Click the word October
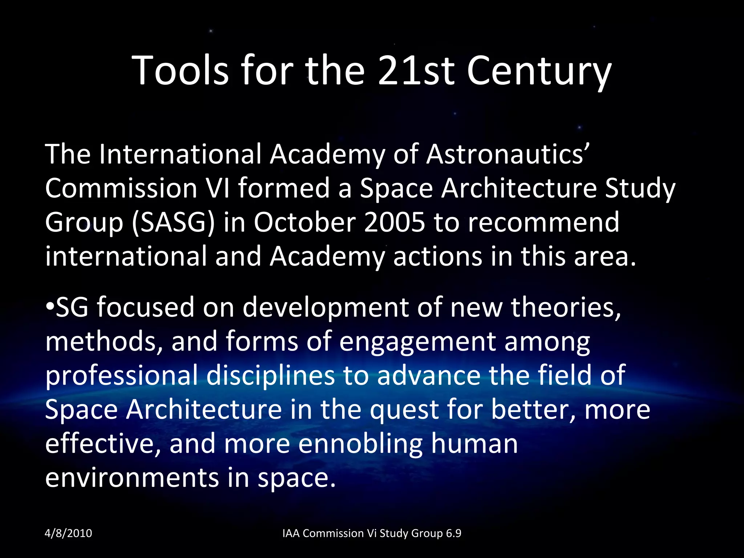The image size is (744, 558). pos(304,222)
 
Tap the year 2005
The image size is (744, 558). pos(395,222)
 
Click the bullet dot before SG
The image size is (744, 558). pos(50,307)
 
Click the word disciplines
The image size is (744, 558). pos(271,376)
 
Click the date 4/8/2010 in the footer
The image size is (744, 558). pos(68,533)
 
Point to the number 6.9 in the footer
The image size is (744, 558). pos(453,533)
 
